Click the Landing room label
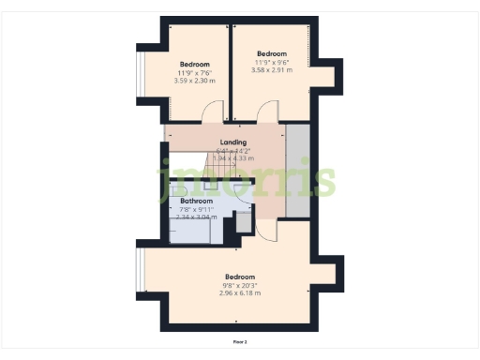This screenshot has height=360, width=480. click(232, 142)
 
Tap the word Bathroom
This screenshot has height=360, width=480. click(196, 201)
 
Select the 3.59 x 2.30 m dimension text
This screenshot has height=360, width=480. click(194, 81)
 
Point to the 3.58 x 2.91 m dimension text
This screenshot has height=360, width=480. click(271, 69)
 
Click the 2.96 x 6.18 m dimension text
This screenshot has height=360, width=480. click(240, 293)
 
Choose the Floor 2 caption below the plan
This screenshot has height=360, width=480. click(240, 342)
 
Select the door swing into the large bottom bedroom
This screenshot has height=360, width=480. click(264, 231)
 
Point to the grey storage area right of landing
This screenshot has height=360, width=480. click(298, 169)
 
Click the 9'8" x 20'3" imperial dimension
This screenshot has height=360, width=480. click(240, 285)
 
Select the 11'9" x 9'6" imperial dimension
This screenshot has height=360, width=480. click(271, 62)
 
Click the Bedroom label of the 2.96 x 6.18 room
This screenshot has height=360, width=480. click(240, 277)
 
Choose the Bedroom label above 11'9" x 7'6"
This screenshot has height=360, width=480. click(194, 64)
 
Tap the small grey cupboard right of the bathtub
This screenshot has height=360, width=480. click(243, 223)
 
